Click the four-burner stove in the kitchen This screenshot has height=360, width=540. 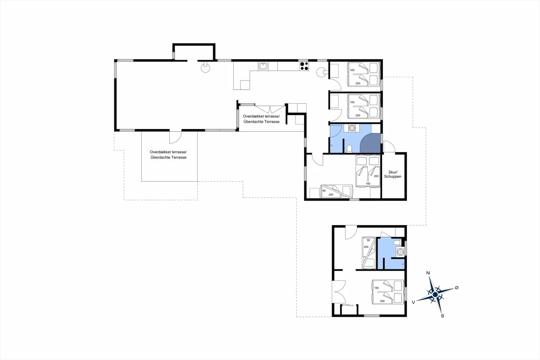point(304,66)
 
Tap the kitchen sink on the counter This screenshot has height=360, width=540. point(263,66)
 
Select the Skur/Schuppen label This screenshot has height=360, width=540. point(393,174)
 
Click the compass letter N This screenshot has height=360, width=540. point(428,273)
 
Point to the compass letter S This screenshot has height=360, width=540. point(442,316)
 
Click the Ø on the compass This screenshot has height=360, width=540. point(456,287)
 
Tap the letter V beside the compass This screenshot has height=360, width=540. point(413,302)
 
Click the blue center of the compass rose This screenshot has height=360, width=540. point(435,294)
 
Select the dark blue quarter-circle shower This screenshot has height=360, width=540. point(370,143)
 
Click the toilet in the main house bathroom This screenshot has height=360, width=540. point(349,149)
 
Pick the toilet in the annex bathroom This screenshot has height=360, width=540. point(397,243)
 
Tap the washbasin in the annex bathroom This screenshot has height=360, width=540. point(400,252)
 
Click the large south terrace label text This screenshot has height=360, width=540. point(168,155)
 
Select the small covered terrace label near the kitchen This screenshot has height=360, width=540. point(261,119)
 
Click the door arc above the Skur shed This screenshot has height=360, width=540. point(389,147)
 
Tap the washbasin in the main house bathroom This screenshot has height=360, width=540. point(352,128)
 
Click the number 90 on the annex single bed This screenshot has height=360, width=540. point(368,240)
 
